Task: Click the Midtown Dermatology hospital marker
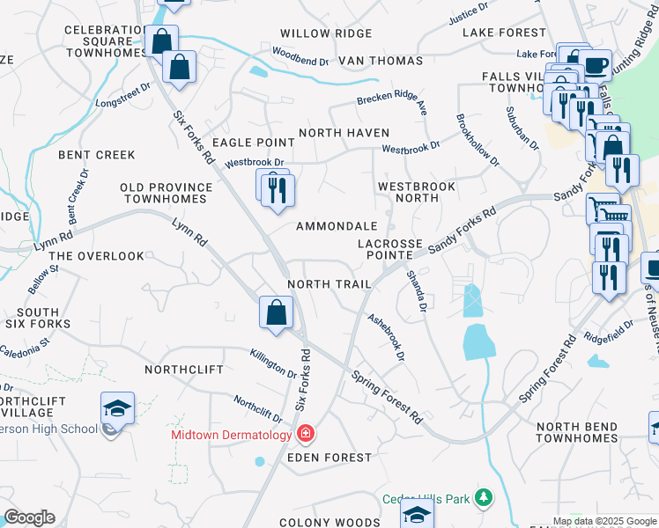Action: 306,434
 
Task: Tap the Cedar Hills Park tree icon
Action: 483,499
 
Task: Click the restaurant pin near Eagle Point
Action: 278,189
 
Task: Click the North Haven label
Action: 344,133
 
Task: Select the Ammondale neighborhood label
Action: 337,226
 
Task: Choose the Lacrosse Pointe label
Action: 390,248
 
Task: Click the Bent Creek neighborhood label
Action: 97,155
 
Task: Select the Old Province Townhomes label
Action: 167,193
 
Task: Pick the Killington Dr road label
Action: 273,364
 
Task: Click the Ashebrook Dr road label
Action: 386,339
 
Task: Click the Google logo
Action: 29,517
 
